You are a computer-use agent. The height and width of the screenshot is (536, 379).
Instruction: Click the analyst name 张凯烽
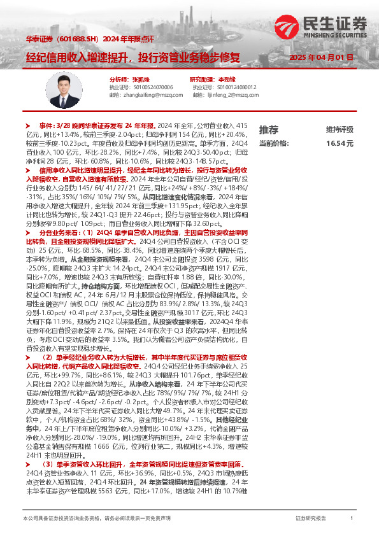pos(132,79)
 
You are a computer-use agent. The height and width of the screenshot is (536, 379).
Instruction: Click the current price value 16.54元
pos(340,144)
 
